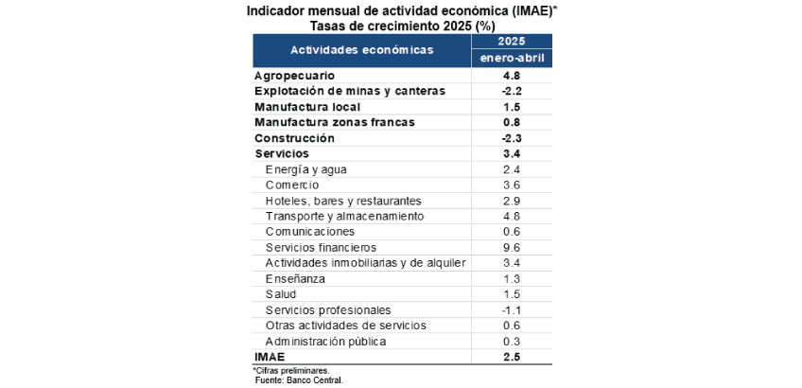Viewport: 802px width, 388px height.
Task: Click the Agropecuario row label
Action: pos(294,75)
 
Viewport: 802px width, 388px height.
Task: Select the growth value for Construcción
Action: pos(512,137)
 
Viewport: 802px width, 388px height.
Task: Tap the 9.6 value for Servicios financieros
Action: pos(512,247)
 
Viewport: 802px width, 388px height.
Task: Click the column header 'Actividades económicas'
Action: pos(361,49)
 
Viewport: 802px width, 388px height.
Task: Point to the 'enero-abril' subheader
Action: pos(512,59)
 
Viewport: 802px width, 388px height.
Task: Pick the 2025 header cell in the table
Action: pos(512,42)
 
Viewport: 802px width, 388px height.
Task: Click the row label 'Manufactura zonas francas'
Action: pos(335,122)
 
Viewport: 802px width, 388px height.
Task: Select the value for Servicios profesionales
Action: pos(512,309)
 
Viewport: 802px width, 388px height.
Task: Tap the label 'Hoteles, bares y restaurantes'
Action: pos(343,201)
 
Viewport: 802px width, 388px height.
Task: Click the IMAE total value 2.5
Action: pos(512,357)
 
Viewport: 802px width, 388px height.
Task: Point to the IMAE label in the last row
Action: pos(270,357)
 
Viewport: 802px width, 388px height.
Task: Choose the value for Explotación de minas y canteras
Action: pos(512,91)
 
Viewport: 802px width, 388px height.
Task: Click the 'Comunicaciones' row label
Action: pos(310,231)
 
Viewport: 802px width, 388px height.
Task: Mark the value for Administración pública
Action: pos(512,341)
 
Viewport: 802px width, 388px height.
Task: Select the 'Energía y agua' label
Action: pos(306,169)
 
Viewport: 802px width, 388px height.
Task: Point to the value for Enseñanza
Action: pos(512,278)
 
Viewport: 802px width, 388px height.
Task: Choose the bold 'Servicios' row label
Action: pos(282,153)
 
